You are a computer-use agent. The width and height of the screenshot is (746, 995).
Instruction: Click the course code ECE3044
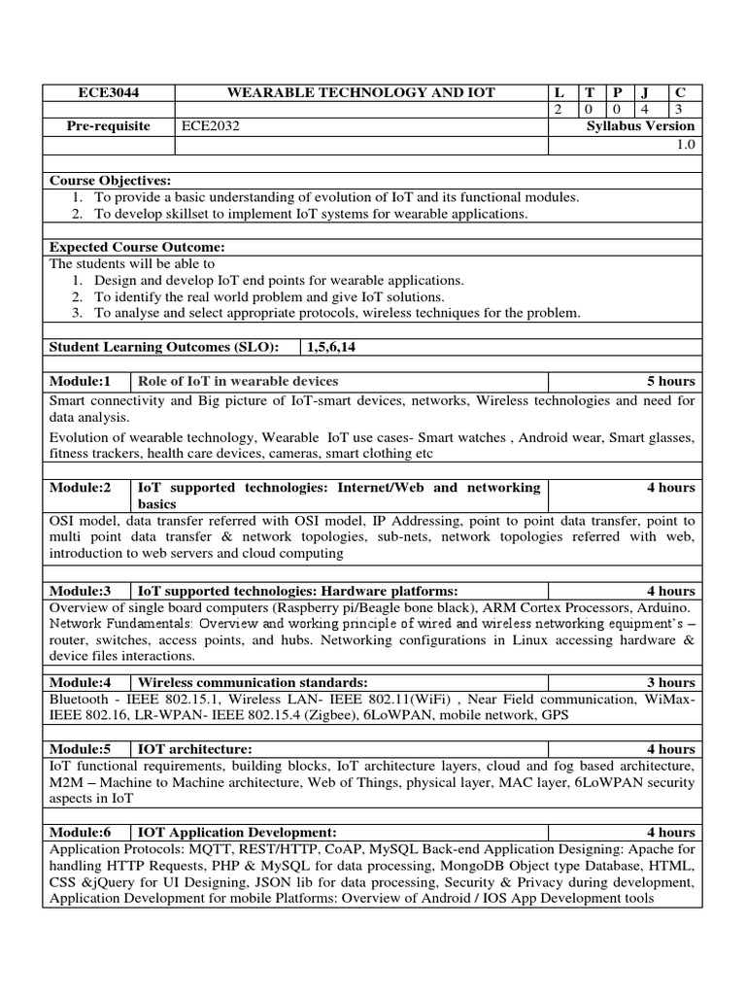tap(108, 92)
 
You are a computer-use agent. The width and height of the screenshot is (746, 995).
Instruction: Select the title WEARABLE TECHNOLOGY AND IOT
tap(360, 92)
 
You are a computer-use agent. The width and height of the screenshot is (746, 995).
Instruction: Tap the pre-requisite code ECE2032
tap(210, 126)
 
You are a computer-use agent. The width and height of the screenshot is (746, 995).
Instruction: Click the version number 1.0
tap(686, 144)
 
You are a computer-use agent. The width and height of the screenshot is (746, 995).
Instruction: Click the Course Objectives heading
tap(110, 181)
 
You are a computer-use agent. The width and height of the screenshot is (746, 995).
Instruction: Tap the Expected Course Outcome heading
tap(137, 248)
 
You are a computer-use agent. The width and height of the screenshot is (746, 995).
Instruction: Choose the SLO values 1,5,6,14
tap(338, 347)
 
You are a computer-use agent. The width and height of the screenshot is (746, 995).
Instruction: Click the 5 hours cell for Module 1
tap(671, 381)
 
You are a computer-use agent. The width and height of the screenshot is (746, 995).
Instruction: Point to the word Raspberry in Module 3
tap(310, 607)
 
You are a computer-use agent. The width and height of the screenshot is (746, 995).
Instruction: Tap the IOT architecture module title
tap(195, 748)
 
